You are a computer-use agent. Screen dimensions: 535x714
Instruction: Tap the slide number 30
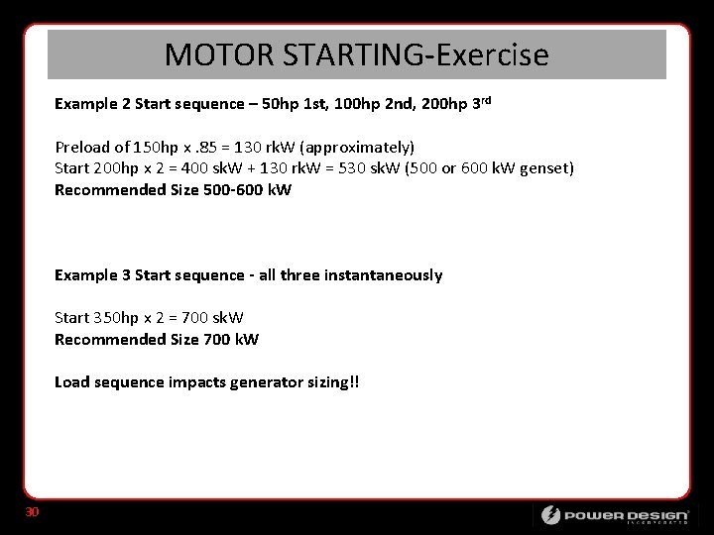32,511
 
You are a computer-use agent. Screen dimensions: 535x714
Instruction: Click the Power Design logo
615,515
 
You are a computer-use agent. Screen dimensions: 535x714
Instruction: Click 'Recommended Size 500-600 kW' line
173,189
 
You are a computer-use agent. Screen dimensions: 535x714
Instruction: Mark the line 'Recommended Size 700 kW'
157,340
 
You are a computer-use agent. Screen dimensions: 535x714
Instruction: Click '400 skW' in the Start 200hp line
219,168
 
